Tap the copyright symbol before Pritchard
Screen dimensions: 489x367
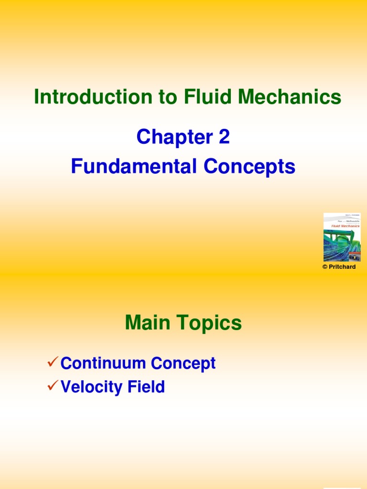tap(325, 267)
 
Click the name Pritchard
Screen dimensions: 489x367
tap(342, 267)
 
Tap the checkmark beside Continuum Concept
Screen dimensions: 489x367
tap(53, 362)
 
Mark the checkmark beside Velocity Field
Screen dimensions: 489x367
tap(53, 386)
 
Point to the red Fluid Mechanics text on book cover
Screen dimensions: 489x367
tap(345, 226)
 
